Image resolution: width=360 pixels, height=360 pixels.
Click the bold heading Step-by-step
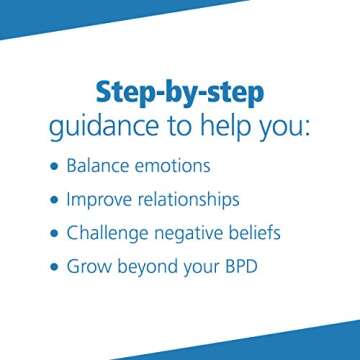(179, 94)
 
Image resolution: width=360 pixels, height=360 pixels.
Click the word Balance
(100, 164)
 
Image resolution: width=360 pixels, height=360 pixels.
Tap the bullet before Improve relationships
(53, 199)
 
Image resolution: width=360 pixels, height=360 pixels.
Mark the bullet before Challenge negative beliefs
(53, 233)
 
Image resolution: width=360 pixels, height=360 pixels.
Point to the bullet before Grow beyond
(53, 268)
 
